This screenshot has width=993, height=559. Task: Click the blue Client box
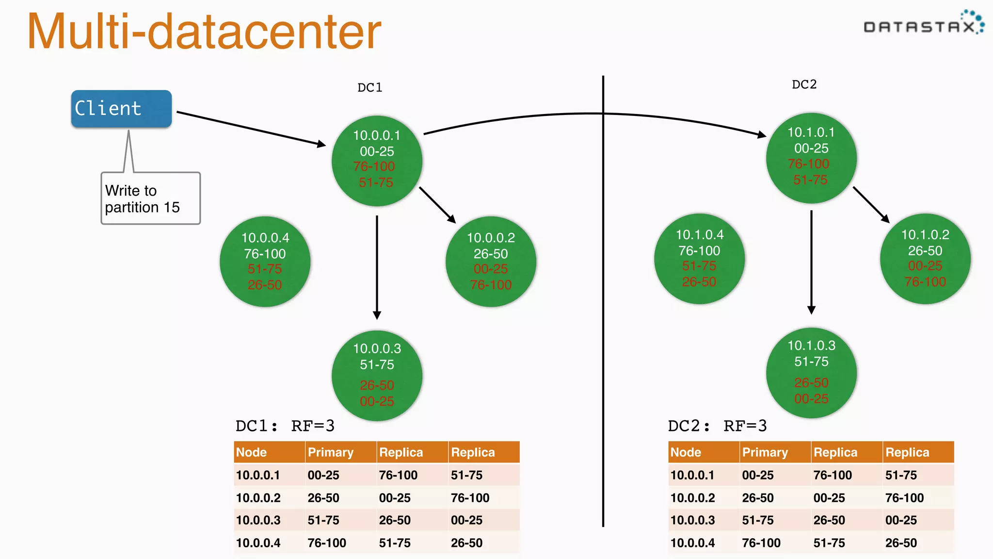121,109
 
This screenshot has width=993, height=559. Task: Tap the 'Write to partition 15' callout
150,198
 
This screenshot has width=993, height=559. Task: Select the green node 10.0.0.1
377,161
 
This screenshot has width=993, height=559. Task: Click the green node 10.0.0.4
265,262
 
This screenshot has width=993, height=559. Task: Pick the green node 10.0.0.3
377,375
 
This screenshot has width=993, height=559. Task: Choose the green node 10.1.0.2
925,259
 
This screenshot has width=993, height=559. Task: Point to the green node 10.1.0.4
699,259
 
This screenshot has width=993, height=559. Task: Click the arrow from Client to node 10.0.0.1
251,129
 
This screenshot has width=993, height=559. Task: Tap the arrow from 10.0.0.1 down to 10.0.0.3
377,267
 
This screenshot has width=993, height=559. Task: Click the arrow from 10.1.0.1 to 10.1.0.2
871,204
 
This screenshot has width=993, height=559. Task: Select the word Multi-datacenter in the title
204,32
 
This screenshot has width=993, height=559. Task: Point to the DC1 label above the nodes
369,88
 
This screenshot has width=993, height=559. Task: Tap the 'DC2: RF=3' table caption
717,426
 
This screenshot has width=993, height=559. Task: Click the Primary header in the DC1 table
331,452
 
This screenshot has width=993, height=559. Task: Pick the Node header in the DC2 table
686,452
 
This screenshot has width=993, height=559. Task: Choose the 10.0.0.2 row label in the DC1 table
258,498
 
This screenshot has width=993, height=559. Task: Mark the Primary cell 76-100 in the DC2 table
761,543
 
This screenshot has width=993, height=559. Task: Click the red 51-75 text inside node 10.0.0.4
265,269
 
